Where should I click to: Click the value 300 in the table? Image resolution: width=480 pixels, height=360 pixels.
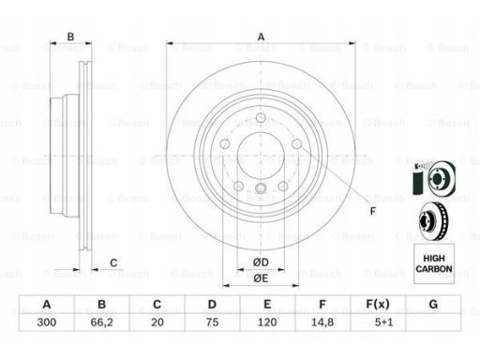[47, 322]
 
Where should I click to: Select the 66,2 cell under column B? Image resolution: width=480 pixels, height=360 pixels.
[101, 322]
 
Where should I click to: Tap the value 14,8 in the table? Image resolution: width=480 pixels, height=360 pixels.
[322, 322]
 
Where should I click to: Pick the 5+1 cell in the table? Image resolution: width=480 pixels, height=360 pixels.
[383, 322]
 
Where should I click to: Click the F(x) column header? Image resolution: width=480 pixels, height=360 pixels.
[378, 304]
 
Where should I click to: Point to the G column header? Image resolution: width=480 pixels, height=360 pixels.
[433, 304]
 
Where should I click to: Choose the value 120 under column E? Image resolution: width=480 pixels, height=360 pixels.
[267, 322]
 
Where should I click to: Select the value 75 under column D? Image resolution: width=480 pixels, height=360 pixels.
[212, 322]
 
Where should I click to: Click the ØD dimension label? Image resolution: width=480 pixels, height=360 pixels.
[261, 262]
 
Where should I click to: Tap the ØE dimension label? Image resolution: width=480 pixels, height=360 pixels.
[261, 278]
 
